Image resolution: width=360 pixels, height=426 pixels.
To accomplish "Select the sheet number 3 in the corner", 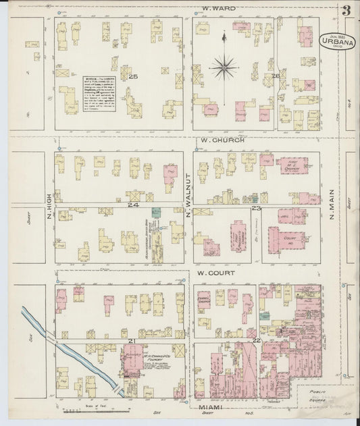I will (x=345, y=11).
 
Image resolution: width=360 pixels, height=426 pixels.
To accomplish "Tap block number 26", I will (x=276, y=76).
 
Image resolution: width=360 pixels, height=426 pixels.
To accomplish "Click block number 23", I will (x=256, y=209).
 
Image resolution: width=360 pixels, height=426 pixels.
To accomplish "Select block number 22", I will (x=256, y=341).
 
